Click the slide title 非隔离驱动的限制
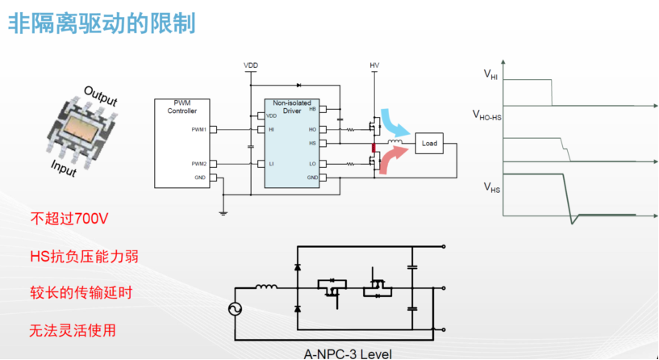click(102, 23)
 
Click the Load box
click(429, 144)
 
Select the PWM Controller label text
click(182, 107)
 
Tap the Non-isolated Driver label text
click(292, 107)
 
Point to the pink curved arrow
click(393, 160)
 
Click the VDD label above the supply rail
click(251, 65)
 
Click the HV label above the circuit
click(374, 65)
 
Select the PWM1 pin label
click(198, 129)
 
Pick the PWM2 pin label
click(198, 164)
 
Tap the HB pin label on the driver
click(313, 109)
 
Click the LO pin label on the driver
click(313, 164)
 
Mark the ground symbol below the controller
click(223, 213)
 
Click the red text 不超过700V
click(69, 219)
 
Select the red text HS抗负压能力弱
click(84, 256)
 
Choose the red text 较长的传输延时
click(81, 292)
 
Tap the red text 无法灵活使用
click(73, 330)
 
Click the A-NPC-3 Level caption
click(348, 354)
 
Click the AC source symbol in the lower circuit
click(235, 309)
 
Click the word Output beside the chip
click(101, 96)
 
